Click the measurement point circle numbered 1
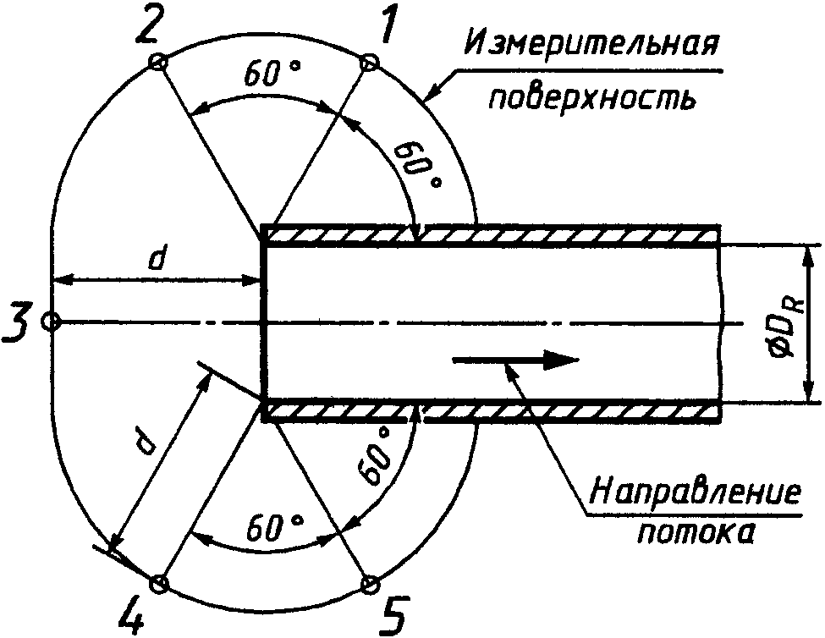tap(368, 62)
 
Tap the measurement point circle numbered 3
tap(51, 322)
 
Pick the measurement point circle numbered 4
tap(158, 583)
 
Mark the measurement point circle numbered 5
tap(369, 584)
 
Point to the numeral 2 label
tap(146, 27)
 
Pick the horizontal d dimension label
tap(155, 260)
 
